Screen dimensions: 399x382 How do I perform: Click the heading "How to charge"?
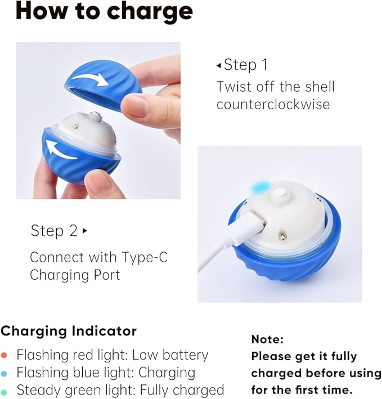104,12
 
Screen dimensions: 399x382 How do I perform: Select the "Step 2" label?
55,231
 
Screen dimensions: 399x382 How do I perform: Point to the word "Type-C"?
145,258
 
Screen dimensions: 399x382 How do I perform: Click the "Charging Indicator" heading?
68,330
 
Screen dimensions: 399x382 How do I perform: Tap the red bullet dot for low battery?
5,356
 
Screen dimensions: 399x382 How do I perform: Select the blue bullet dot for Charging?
5,373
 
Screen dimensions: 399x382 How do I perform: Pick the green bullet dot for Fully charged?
5,391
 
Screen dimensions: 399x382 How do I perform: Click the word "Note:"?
267,339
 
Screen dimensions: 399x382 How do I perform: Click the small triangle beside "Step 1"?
219,65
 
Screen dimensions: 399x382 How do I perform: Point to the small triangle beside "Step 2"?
85,231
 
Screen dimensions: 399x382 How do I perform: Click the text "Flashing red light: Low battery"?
112,355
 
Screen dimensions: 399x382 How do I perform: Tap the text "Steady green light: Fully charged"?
120,390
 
